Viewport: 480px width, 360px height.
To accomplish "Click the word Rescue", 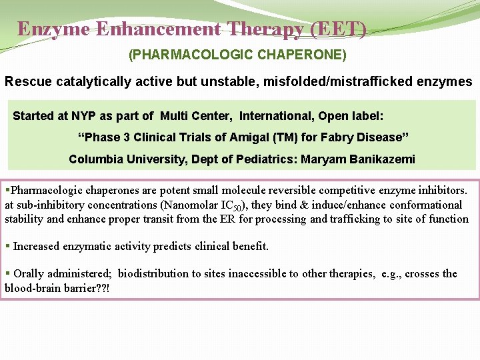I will click(26, 82).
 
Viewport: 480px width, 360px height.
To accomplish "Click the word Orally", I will click(29, 273).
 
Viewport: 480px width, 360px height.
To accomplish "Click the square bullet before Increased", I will click(7, 245).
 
